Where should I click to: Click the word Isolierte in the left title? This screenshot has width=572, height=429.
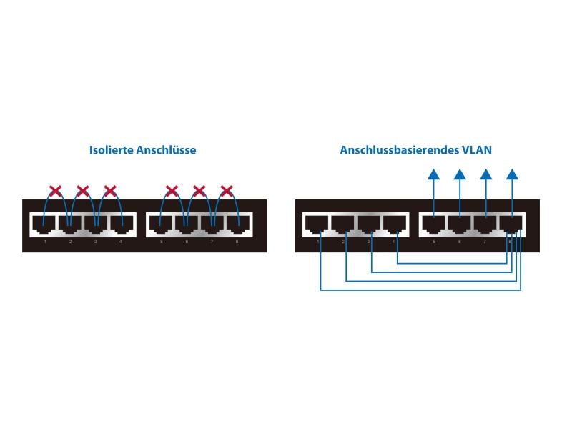[x=112, y=150]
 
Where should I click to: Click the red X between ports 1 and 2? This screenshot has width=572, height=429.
[x=55, y=191]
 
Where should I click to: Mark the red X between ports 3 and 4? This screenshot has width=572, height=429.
[x=110, y=191]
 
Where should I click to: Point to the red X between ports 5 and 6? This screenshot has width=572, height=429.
[x=172, y=191]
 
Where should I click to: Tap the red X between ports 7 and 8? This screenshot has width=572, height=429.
[x=227, y=191]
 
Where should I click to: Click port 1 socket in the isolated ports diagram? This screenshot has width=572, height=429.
[x=44, y=224]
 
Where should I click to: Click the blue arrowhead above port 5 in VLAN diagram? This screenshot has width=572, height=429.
[x=433, y=174]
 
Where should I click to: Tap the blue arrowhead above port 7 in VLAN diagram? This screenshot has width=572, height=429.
[x=486, y=174]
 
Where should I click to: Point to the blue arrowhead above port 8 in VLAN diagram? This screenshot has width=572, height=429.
[x=513, y=174]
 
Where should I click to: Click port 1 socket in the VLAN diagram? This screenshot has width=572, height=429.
[x=316, y=224]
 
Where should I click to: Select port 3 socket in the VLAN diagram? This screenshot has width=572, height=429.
[x=369, y=224]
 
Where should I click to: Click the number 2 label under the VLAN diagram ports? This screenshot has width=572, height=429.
[x=344, y=242]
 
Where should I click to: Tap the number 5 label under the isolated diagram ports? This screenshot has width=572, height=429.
[x=162, y=242]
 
